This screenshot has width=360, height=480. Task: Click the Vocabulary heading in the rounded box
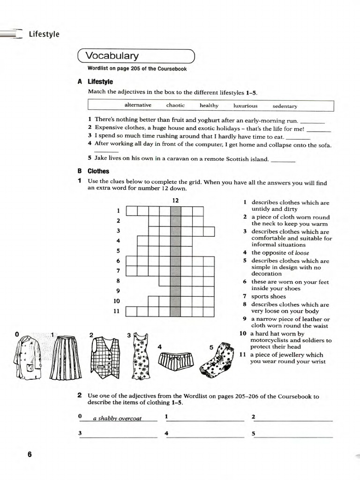pyautogui.click(x=112, y=56)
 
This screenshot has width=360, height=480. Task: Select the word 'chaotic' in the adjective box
pyautogui.click(x=175, y=105)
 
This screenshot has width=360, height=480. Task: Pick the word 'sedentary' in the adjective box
pyautogui.click(x=285, y=106)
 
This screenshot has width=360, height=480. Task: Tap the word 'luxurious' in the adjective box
pyautogui.click(x=245, y=106)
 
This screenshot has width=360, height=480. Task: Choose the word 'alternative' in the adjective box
pyautogui.click(x=138, y=105)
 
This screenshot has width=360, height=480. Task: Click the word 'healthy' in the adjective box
pyautogui.click(x=209, y=105)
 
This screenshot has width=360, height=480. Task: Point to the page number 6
pyautogui.click(x=30, y=454)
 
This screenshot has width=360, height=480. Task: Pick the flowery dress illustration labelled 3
pyautogui.click(x=141, y=356)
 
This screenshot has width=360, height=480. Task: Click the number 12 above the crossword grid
pyautogui.click(x=175, y=201)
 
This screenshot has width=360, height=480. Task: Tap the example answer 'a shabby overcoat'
pyautogui.click(x=117, y=418)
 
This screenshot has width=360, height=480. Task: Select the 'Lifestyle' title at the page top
pyautogui.click(x=44, y=34)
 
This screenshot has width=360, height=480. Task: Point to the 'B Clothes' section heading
pyautogui.click(x=93, y=171)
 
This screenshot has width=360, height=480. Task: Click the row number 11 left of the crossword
pyautogui.click(x=116, y=311)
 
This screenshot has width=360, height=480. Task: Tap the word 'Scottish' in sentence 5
pyautogui.click(x=220, y=159)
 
